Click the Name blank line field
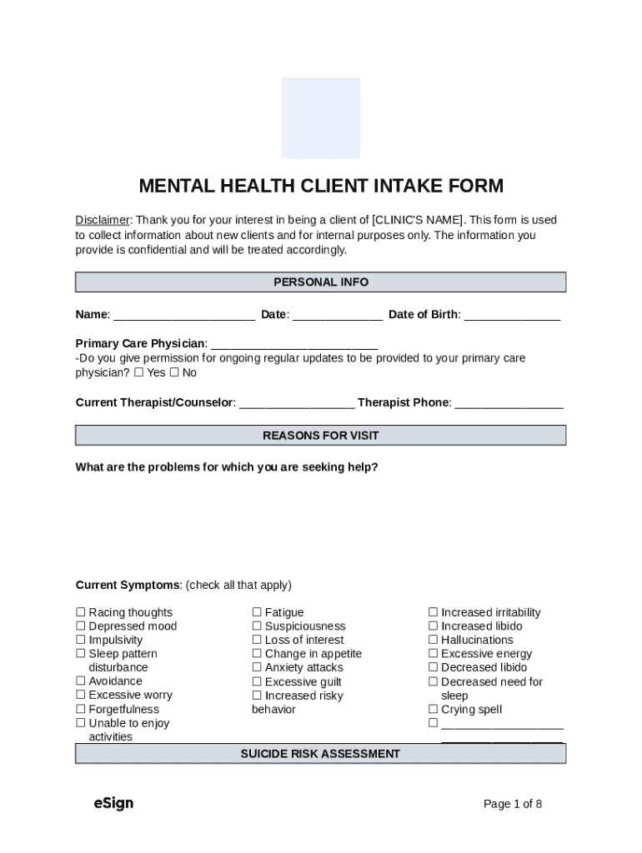pos(183,316)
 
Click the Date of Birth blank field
pos(512,316)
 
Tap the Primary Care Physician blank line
pos(294,344)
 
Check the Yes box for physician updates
pos(138,373)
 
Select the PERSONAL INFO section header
pos(320,282)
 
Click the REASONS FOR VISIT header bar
pos(320,436)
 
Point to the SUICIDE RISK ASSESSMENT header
pos(320,754)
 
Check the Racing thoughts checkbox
pos(81,613)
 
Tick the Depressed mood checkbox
pos(81,626)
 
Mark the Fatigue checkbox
pos(257,613)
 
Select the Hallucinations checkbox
pos(434,641)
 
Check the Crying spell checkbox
pos(434,710)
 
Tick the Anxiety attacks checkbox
pos(257,668)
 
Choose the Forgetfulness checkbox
pos(81,710)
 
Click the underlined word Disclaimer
pos(103,220)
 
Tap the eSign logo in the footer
pos(113,803)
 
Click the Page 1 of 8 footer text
pos(513,804)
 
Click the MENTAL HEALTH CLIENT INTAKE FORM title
pos(320,186)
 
